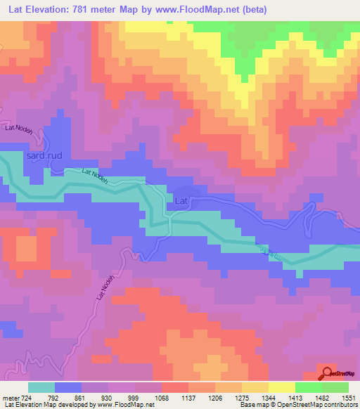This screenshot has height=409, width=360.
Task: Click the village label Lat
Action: pyautogui.click(x=182, y=202)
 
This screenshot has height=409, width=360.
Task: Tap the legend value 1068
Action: pyautogui.click(x=162, y=398)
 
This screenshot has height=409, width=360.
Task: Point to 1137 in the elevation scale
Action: pyautogui.click(x=188, y=398)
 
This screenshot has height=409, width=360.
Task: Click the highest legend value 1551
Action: pyautogui.click(x=349, y=398)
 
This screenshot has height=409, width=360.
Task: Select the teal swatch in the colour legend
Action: pyautogui.click(x=41, y=387)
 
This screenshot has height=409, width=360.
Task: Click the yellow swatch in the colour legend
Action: pyautogui.click(x=282, y=387)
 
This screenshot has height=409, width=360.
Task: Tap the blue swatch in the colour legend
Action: pyautogui.click(x=68, y=387)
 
